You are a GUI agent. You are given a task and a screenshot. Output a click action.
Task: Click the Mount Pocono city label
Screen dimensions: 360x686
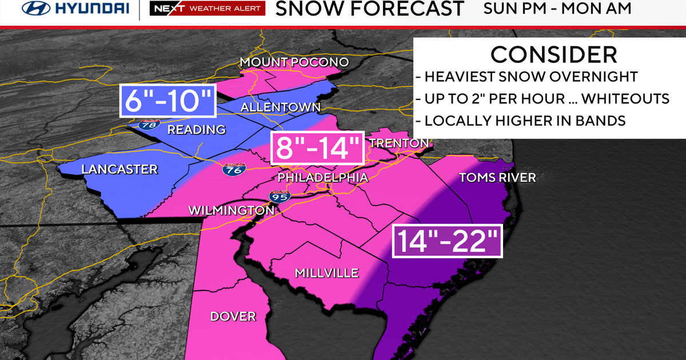(294, 62)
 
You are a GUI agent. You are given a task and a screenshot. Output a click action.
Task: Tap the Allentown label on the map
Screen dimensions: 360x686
(280, 107)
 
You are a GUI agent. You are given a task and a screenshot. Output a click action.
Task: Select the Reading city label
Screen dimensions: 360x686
(196, 130)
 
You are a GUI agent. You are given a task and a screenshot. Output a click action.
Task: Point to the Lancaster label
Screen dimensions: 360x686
(119, 169)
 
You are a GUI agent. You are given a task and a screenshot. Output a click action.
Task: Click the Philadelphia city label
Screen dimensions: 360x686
(322, 178)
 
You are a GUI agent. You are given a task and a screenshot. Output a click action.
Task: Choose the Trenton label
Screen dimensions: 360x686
(398, 143)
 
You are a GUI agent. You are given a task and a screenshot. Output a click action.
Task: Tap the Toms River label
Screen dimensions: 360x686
(497, 178)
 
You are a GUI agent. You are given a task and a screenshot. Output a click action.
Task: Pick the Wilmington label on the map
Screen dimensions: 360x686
(232, 211)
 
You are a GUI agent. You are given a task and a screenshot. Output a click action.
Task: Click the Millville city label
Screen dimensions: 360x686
(326, 273)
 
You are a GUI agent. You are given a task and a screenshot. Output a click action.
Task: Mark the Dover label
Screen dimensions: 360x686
(233, 317)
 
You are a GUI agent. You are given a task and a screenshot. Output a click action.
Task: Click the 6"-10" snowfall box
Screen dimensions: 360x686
(167, 101)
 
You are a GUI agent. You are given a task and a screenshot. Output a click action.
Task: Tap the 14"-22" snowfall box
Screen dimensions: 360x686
(447, 241)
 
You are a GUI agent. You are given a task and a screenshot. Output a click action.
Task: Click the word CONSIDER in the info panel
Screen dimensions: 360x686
(553, 54)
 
